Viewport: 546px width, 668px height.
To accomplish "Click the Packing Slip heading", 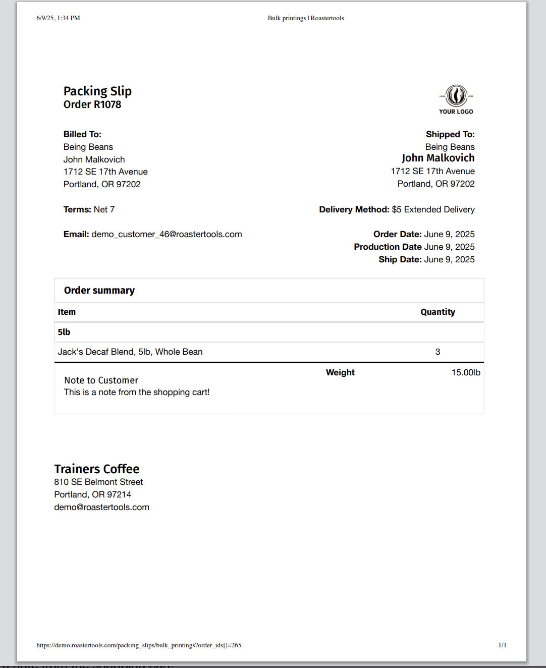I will (x=97, y=91).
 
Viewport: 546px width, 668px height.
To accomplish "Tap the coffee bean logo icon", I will (x=456, y=95).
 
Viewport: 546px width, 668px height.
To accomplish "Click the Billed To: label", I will (x=82, y=134).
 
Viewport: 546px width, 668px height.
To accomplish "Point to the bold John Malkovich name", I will (x=438, y=158).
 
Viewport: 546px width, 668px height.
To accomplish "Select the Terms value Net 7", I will (x=104, y=209).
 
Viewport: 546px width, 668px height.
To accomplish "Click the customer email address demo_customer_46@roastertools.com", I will (x=167, y=234).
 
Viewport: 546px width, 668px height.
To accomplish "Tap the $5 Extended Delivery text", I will (x=433, y=209).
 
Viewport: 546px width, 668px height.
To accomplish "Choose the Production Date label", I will (x=388, y=247).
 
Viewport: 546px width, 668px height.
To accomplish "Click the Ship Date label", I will (x=400, y=259).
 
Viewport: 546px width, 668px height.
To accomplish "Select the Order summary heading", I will (x=99, y=290).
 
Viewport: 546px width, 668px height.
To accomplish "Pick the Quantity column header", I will (x=438, y=312).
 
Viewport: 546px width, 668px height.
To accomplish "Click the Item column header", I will (x=67, y=312).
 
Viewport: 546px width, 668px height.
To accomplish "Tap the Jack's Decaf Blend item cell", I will (x=130, y=352).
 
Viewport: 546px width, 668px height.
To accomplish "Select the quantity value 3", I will (x=438, y=352).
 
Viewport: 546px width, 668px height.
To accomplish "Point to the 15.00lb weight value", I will (x=465, y=372).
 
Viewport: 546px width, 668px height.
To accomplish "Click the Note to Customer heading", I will (x=101, y=380).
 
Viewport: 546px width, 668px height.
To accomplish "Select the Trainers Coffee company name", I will (x=97, y=469).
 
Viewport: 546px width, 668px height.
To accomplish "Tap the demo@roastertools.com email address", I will (x=101, y=507).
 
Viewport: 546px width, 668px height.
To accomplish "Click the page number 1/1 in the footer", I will (x=502, y=645).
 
